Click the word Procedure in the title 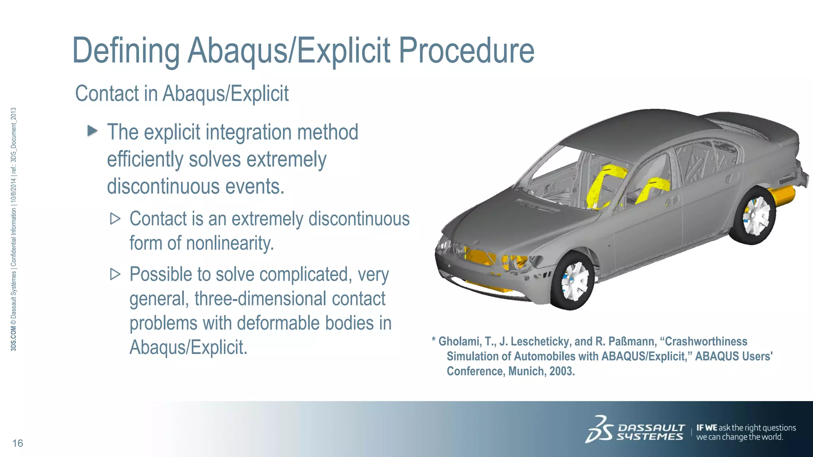pos(466,51)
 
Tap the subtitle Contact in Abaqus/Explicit pos(182,94)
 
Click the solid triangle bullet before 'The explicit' pos(92,131)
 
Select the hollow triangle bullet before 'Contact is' pos(115,219)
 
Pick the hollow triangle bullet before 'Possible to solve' pos(115,274)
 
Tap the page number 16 pos(18,443)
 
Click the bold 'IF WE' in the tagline pos(707,428)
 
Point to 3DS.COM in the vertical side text pos(13,339)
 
